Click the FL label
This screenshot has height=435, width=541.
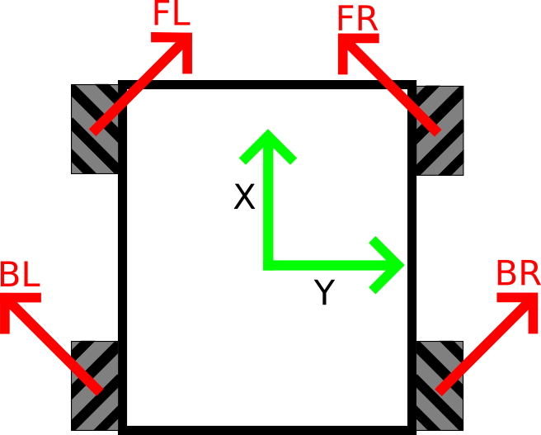click(172, 14)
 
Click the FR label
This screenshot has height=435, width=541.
click(356, 18)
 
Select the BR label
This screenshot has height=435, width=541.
click(517, 273)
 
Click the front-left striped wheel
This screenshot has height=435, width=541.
click(95, 129)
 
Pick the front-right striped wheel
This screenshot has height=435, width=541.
click(440, 130)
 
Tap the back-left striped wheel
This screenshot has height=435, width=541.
click(95, 385)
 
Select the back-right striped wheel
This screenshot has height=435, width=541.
click(440, 385)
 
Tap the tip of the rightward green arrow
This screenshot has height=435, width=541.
click(402, 265)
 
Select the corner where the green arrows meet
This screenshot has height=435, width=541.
click(268, 265)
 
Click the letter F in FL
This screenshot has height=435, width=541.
click(162, 14)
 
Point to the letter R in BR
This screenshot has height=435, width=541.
click(529, 273)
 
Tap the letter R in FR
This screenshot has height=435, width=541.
click(367, 18)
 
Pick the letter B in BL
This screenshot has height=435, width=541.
click(9, 274)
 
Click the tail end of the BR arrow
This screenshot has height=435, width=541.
click(440, 390)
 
